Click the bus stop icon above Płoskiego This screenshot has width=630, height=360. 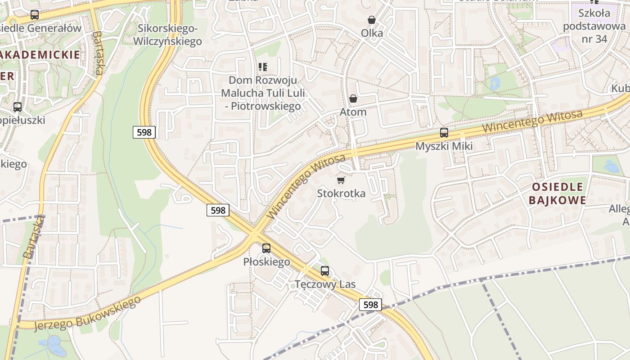[266, 248]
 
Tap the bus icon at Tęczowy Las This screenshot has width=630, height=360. [325, 271]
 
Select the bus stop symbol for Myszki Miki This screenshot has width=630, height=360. [444, 133]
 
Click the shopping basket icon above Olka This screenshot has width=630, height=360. [372, 20]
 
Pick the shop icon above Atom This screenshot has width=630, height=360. [353, 99]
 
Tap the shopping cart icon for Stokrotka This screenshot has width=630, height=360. [341, 180]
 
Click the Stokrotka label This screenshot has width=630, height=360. [341, 193]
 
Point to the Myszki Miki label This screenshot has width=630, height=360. [444, 146]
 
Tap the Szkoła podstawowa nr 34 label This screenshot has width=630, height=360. [594, 26]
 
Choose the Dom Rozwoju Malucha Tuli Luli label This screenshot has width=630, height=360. [263, 93]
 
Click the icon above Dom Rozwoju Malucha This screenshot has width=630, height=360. [263, 67]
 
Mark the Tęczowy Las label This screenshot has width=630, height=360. [325, 284]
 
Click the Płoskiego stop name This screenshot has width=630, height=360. [266, 261]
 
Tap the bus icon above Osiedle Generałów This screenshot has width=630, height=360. [35, 15]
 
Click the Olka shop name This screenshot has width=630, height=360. [372, 33]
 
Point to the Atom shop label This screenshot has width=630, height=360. [353, 112]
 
